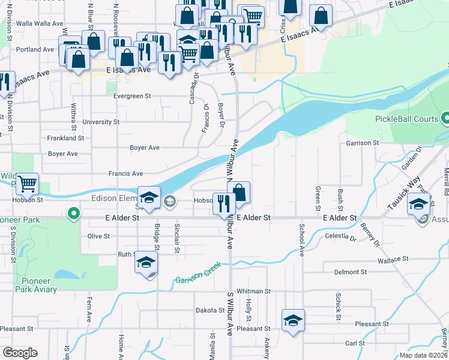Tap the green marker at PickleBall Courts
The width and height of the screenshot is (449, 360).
click(445, 119)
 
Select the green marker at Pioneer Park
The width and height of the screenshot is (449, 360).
click(73, 213)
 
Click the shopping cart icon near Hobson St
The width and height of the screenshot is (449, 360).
click(28, 184)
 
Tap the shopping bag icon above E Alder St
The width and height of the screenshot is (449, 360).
click(239, 192)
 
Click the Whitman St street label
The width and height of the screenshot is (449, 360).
click(254, 291)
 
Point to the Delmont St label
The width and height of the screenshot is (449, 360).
click(346, 272)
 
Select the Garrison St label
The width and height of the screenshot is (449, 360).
click(363, 143)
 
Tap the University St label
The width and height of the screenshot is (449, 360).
click(101, 122)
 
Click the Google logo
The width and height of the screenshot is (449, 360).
click(20, 353)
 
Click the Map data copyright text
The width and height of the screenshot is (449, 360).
click(424, 355)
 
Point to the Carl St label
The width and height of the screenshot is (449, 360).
click(355, 344)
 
